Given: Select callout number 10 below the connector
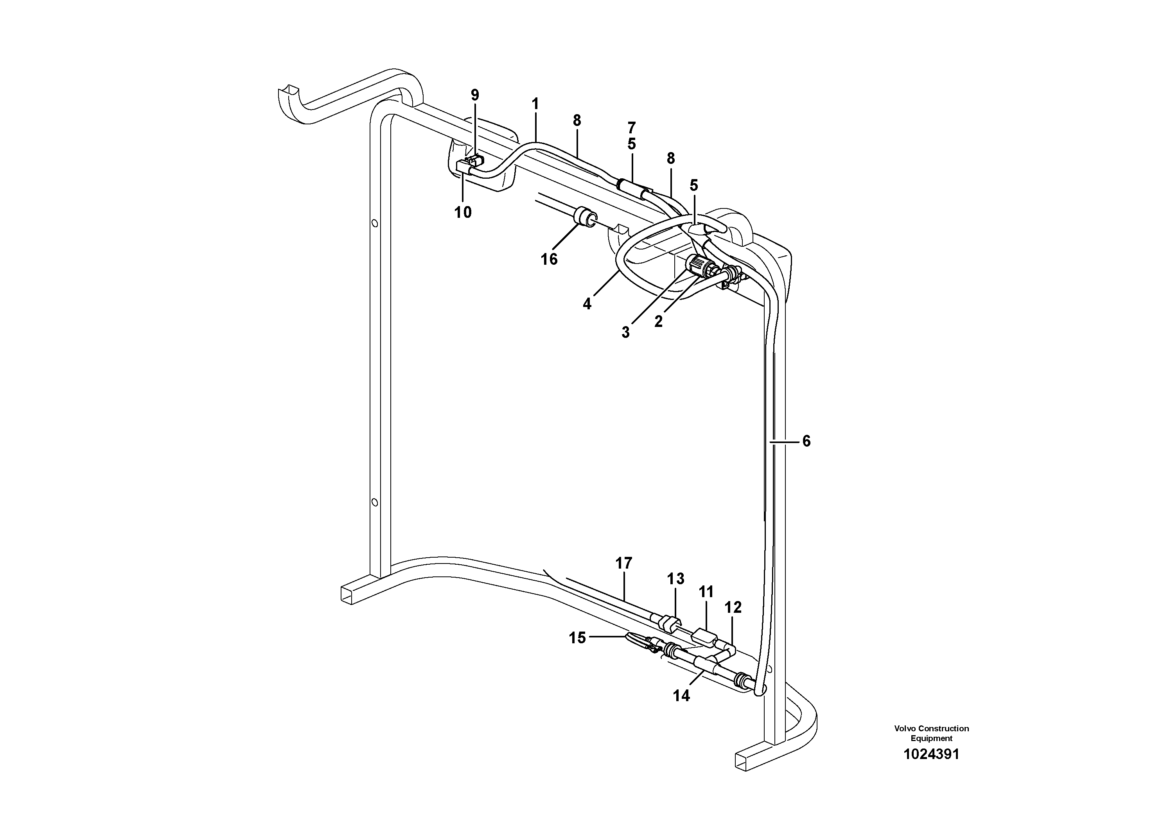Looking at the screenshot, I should [463, 212].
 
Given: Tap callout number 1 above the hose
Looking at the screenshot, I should [535, 104].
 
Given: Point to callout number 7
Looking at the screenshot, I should [631, 128].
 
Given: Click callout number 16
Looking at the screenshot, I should [549, 260].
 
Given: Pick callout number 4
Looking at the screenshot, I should [587, 304].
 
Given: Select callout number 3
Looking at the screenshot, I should [625, 332].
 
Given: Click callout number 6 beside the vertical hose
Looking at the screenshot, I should [806, 442].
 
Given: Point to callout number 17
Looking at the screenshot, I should [624, 563].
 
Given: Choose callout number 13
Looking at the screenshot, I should [676, 579].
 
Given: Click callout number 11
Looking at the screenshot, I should [706, 592].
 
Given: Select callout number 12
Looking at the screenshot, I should [733, 607].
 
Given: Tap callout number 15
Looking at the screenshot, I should [577, 638].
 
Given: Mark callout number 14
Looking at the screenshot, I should [681, 696].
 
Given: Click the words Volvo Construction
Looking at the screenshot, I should [931, 729].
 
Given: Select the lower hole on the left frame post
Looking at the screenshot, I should [375, 502].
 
